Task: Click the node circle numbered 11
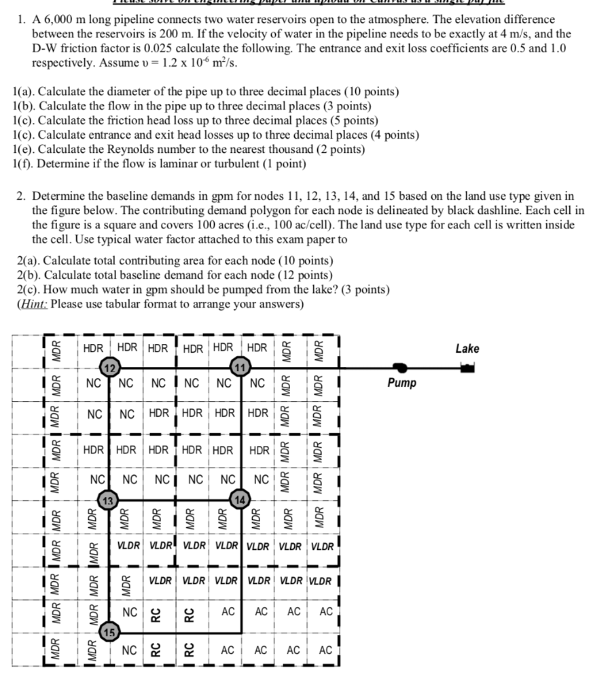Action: coord(240,367)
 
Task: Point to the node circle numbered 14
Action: coord(240,500)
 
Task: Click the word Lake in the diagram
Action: coord(467,349)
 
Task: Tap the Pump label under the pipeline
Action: coord(401,383)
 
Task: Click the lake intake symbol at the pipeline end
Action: coord(467,368)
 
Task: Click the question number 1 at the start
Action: coord(20,20)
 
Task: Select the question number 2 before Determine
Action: coord(20,196)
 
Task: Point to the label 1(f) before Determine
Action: coord(24,164)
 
